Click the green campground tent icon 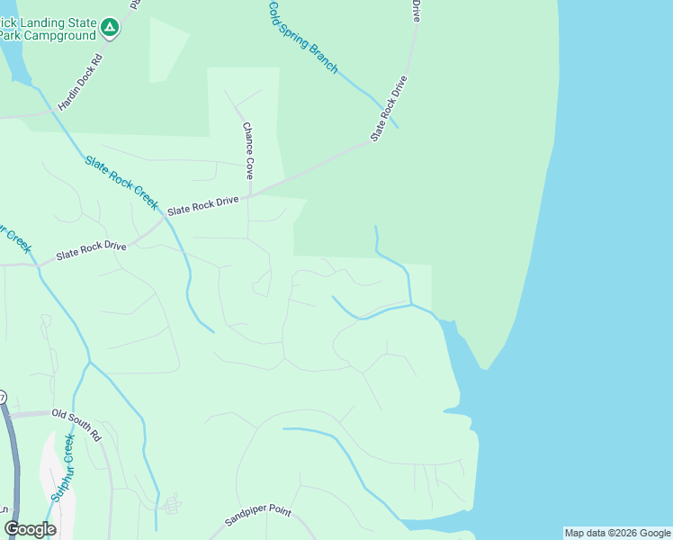click(x=110, y=29)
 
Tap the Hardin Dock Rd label click(x=81, y=83)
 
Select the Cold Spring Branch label click(x=303, y=37)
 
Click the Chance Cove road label click(x=248, y=150)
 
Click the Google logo click(x=30, y=529)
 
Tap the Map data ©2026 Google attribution click(x=617, y=533)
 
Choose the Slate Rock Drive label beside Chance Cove click(x=204, y=205)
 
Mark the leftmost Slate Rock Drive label click(x=91, y=250)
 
